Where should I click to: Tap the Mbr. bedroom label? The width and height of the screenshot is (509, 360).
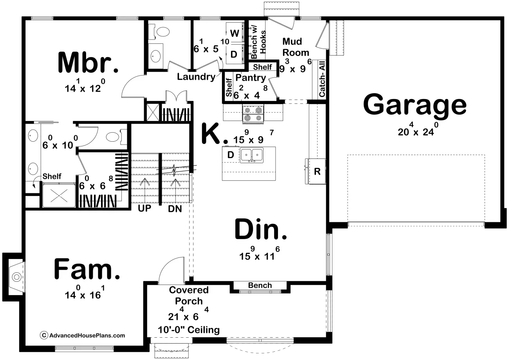pyautogui.click(x=88, y=62)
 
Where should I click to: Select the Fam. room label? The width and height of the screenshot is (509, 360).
pyautogui.click(x=87, y=269)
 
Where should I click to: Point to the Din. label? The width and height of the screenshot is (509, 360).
pyautogui.click(x=260, y=229)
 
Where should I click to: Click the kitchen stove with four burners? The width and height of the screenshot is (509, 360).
pyautogui.click(x=253, y=114)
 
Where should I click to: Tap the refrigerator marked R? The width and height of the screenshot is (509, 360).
pyautogui.click(x=316, y=171)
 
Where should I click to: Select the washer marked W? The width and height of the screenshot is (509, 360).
pyautogui.click(x=235, y=33)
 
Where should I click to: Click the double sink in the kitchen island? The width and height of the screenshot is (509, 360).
pyautogui.click(x=252, y=155)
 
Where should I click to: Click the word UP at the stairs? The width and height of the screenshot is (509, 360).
pyautogui.click(x=144, y=208)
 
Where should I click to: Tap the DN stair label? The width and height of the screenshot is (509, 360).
pyautogui.click(x=175, y=209)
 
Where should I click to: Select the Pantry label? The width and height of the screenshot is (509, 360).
pyautogui.click(x=251, y=78)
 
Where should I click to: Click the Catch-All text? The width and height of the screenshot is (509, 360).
pyautogui.click(x=322, y=79)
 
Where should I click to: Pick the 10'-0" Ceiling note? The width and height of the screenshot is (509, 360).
pyautogui.click(x=189, y=330)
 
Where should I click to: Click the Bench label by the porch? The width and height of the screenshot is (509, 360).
pyautogui.click(x=260, y=285)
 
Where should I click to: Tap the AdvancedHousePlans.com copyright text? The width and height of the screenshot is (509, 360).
pyautogui.click(x=83, y=335)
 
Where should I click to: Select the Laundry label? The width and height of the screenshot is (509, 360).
pyautogui.click(x=196, y=77)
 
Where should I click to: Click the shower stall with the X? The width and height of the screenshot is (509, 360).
pyautogui.click(x=59, y=196)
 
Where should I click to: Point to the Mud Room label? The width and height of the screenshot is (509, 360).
pyautogui.click(x=296, y=47)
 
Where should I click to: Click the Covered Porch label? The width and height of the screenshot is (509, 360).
pyautogui.click(x=189, y=295)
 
